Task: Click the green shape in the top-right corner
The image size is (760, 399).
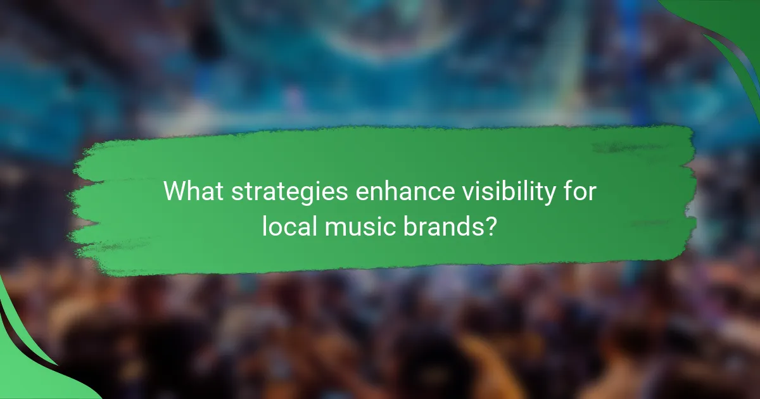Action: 728,32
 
